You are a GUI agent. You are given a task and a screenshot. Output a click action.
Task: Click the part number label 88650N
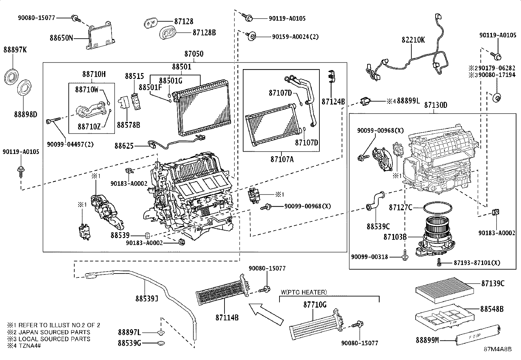[61, 38]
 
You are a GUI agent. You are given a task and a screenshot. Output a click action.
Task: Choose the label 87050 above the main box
[193, 54]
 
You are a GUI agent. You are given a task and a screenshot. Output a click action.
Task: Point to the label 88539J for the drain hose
[147, 298]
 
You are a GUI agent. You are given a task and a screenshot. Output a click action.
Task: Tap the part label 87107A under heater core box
[282, 160]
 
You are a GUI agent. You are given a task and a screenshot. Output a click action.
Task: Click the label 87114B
[227, 317]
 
